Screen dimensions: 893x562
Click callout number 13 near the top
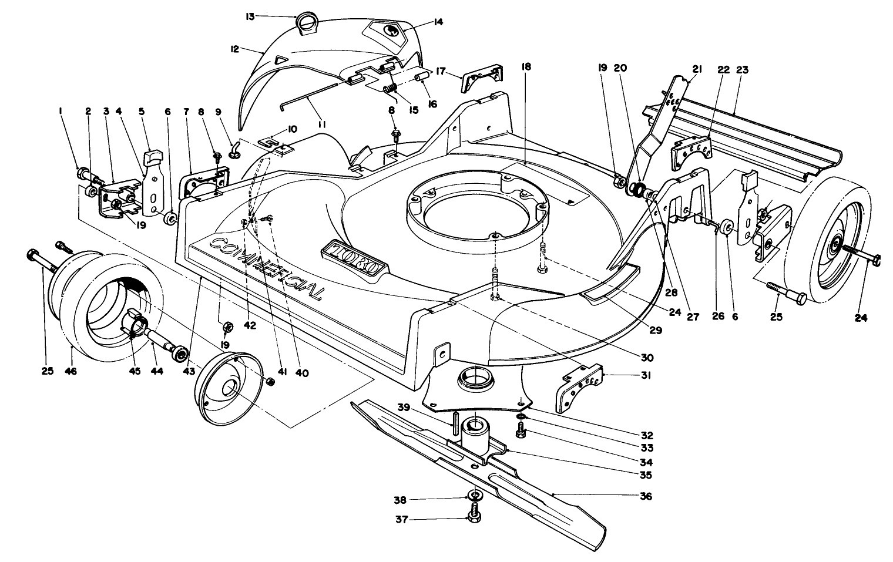pyautogui.click(x=250, y=17)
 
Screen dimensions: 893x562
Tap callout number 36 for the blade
pyautogui.click(x=646, y=496)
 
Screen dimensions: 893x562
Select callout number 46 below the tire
pyautogui.click(x=70, y=371)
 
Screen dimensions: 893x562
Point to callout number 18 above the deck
pyautogui.click(x=526, y=66)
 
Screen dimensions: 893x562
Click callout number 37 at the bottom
pyautogui.click(x=401, y=520)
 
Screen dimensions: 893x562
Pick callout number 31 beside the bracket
pyautogui.click(x=646, y=375)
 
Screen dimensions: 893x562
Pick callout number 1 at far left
pyautogui.click(x=61, y=112)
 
